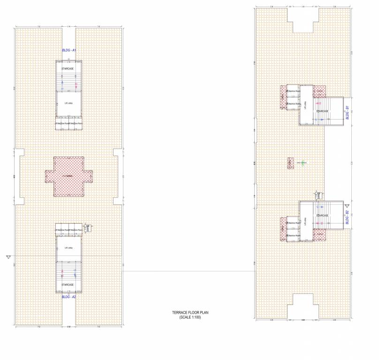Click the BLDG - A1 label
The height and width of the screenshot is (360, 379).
(69, 50)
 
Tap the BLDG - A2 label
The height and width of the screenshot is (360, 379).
(69, 296)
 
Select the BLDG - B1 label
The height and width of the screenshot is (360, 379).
(348, 112)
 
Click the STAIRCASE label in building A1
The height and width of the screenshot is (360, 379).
(68, 69)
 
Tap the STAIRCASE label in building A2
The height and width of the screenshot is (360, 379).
(68, 285)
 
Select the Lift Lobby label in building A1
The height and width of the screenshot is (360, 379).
(68, 103)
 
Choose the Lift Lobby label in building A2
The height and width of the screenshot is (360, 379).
(68, 247)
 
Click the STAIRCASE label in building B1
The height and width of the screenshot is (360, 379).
(322, 111)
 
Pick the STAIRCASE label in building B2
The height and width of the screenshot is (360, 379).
(322, 215)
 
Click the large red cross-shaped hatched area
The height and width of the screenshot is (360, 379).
(68, 176)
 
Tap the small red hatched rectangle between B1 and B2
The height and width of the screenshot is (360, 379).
(290, 163)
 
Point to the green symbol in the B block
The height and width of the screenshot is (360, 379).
(303, 163)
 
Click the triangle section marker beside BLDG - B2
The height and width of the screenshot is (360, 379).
(347, 206)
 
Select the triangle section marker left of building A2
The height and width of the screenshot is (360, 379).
(8, 256)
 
